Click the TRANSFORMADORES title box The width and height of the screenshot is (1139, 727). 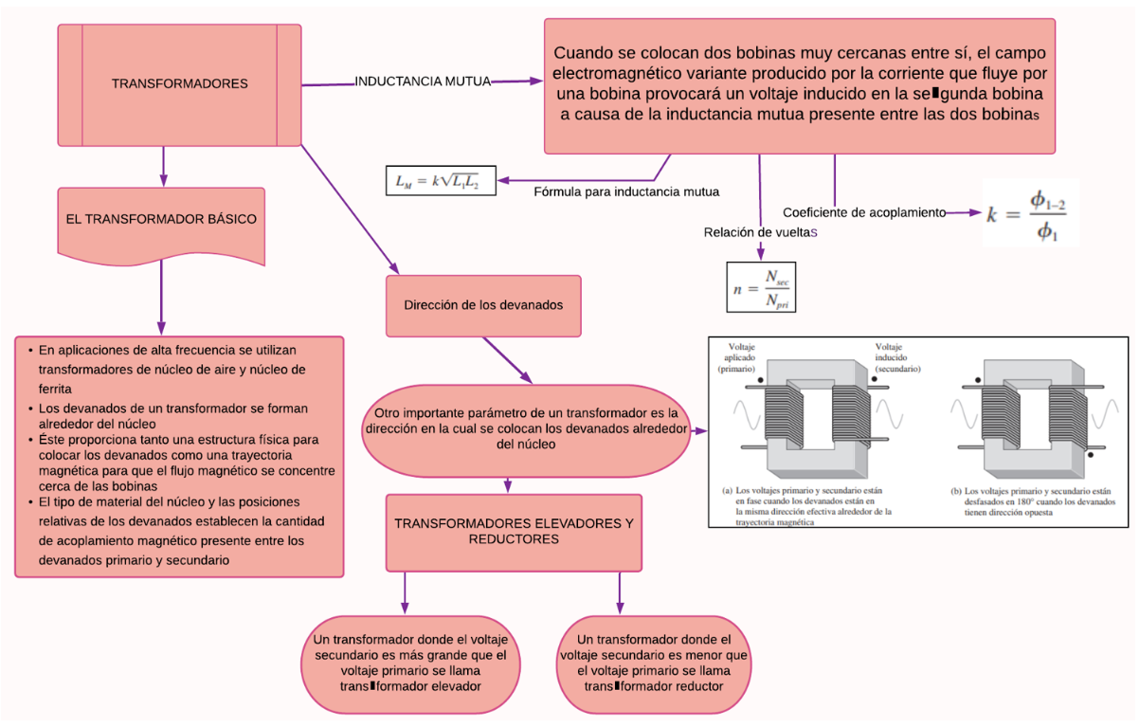tap(179, 83)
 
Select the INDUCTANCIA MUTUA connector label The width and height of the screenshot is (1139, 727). tap(423, 82)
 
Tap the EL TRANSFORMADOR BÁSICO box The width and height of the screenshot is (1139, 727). tap(161, 219)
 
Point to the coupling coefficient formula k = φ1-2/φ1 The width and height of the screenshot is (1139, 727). tap(1031, 214)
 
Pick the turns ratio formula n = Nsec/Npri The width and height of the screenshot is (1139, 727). tap(762, 286)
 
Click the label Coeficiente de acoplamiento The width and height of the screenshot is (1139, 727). tap(863, 212)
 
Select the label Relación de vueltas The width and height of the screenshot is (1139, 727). tap(760, 232)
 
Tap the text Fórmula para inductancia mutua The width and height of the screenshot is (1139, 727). tap(626, 191)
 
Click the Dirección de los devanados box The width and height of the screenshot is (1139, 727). tap(483, 305)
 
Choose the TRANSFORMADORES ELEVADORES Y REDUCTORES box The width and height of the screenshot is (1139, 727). tap(514, 531)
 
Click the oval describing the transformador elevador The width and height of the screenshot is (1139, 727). tap(411, 663)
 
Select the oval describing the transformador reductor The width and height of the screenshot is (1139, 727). tap(654, 663)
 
